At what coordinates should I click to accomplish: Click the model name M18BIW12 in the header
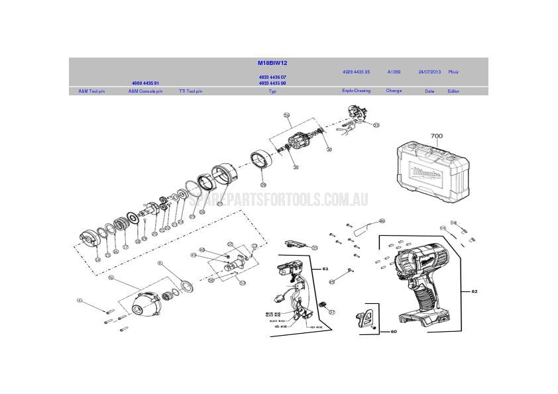click(x=272, y=63)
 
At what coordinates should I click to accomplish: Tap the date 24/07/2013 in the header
click(x=429, y=72)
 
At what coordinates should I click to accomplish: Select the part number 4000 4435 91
click(x=144, y=83)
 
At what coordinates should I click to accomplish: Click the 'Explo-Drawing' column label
click(x=356, y=91)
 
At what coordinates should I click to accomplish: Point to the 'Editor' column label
click(x=453, y=91)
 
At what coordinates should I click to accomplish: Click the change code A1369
click(x=394, y=72)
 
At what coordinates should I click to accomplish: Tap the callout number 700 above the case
click(x=436, y=136)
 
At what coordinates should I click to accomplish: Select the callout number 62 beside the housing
click(x=474, y=291)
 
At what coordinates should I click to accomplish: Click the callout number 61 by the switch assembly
click(x=325, y=269)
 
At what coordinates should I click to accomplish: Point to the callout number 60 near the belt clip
click(x=393, y=331)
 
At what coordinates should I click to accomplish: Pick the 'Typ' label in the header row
click(x=272, y=91)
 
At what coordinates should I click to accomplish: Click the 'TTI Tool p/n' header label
click(x=190, y=91)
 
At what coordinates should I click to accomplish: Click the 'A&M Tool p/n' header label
click(x=91, y=91)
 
